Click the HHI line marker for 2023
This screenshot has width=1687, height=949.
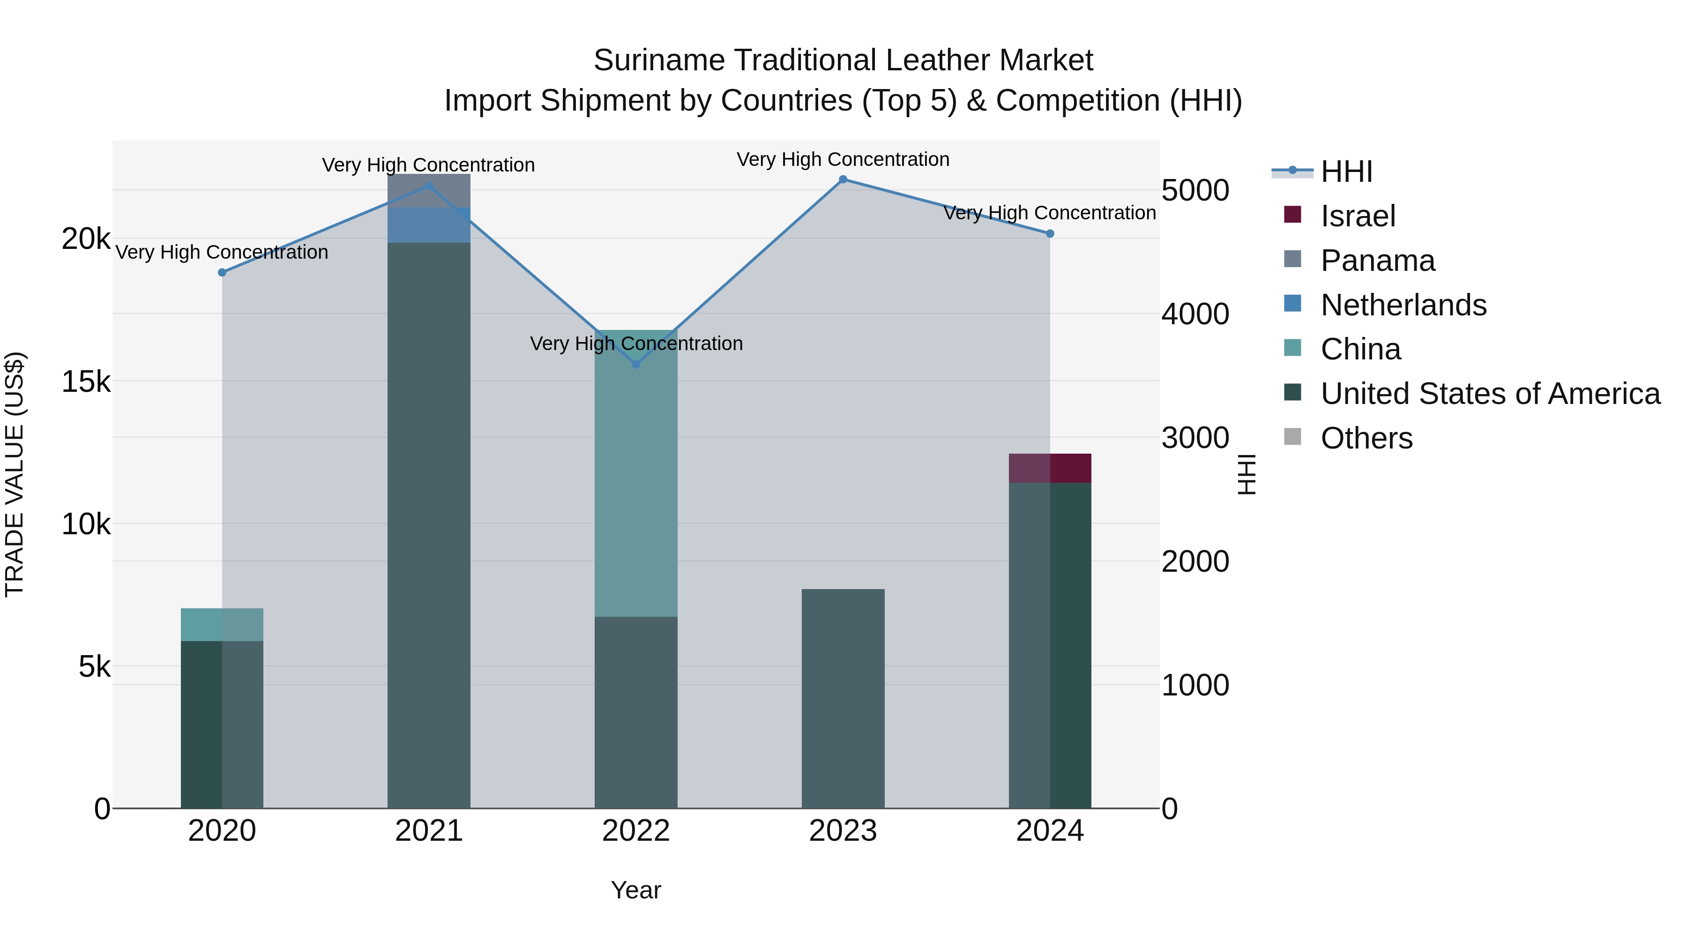pyautogui.click(x=843, y=179)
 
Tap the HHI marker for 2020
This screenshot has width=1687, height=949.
pyautogui.click(x=222, y=272)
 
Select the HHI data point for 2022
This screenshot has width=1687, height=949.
pyautogui.click(x=636, y=364)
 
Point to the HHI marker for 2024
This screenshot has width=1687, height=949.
pyautogui.click(x=1050, y=234)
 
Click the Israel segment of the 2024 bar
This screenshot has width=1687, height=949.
pyautogui.click(x=1050, y=468)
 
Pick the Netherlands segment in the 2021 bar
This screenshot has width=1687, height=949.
pyautogui.click(x=429, y=226)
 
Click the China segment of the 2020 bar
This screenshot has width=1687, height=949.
pyautogui.click(x=222, y=625)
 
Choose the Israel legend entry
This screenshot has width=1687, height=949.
pyautogui.click(x=1358, y=216)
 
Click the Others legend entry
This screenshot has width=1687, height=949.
pyautogui.click(x=1366, y=438)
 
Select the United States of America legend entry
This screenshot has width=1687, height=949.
pyautogui.click(x=1490, y=394)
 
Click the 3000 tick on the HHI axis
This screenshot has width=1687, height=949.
pyautogui.click(x=1195, y=438)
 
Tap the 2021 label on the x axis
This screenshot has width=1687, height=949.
pyautogui.click(x=429, y=831)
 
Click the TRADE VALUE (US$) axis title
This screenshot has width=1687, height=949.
pyautogui.click(x=15, y=474)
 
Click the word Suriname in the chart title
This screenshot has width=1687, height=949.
pyautogui.click(x=658, y=60)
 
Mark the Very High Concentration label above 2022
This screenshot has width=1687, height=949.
pyautogui.click(x=636, y=344)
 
